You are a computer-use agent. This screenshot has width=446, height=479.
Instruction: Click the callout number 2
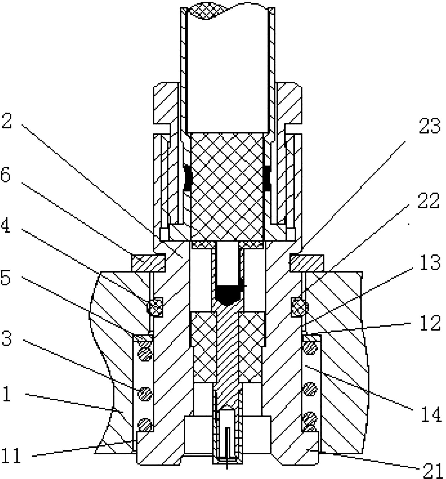pyautogui.click(x=7, y=119)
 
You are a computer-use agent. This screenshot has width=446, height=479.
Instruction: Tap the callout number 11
pyautogui.click(x=12, y=454)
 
